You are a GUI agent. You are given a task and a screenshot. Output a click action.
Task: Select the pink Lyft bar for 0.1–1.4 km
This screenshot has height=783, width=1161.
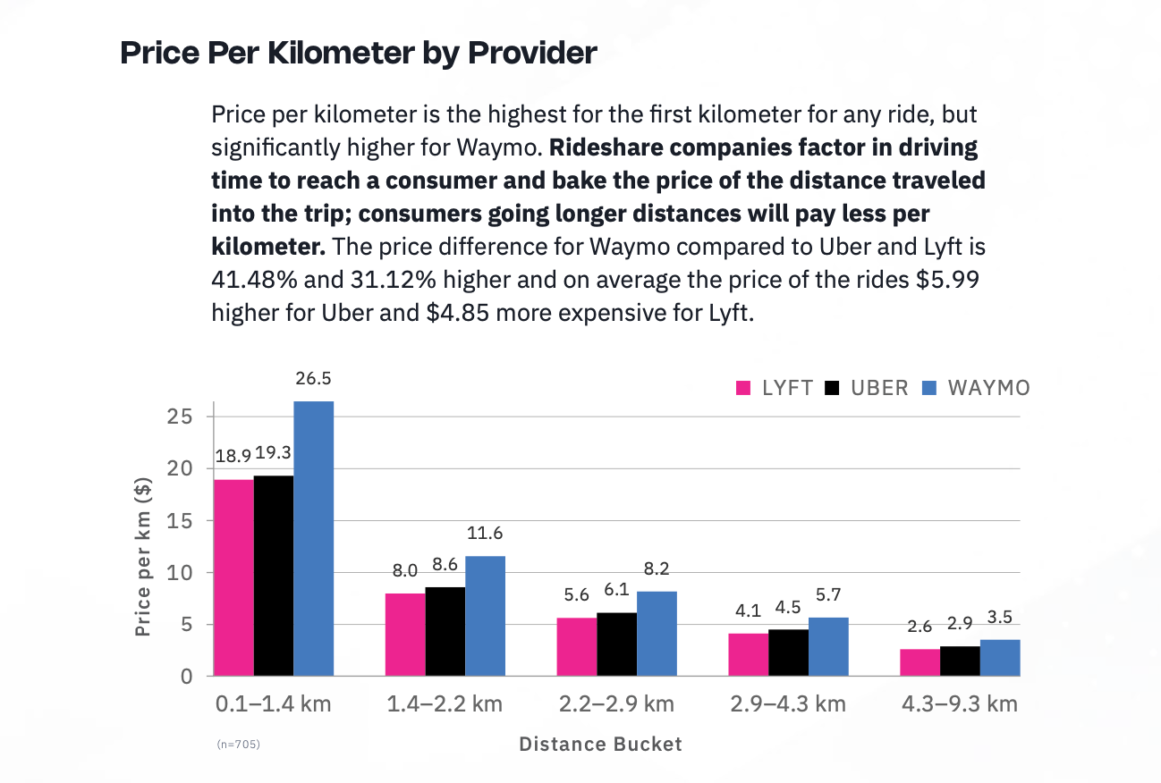233,577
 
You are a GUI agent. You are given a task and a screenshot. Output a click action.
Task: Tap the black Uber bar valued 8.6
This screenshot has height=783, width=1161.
445,631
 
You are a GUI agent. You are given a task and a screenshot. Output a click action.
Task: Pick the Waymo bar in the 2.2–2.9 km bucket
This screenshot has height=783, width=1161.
657,633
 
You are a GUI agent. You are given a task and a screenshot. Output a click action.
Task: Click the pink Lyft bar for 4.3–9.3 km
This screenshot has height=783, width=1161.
920,662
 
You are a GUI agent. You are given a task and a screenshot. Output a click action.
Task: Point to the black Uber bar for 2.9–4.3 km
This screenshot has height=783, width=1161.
789,652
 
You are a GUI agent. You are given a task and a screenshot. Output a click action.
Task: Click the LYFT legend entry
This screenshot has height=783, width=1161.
775,388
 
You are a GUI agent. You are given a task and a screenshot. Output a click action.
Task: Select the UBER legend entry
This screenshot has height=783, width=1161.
867,388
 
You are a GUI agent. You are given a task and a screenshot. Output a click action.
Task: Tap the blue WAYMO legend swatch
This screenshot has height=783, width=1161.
929,388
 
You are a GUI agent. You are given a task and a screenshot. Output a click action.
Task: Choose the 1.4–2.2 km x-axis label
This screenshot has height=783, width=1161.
445,704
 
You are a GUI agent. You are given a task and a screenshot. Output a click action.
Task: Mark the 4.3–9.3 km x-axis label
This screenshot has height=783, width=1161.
960,704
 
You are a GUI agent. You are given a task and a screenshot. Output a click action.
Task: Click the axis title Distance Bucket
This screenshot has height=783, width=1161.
600,745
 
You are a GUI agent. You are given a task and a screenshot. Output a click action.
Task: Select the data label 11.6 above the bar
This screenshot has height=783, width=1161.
485,534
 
